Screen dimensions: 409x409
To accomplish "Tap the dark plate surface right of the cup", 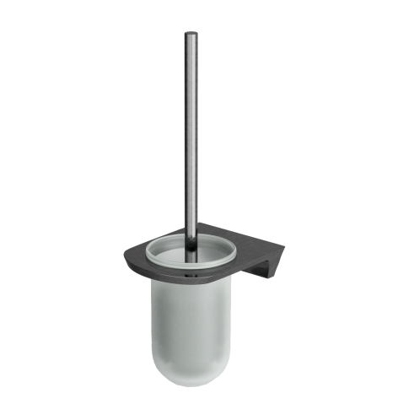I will pyautogui.click(x=253, y=240).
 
